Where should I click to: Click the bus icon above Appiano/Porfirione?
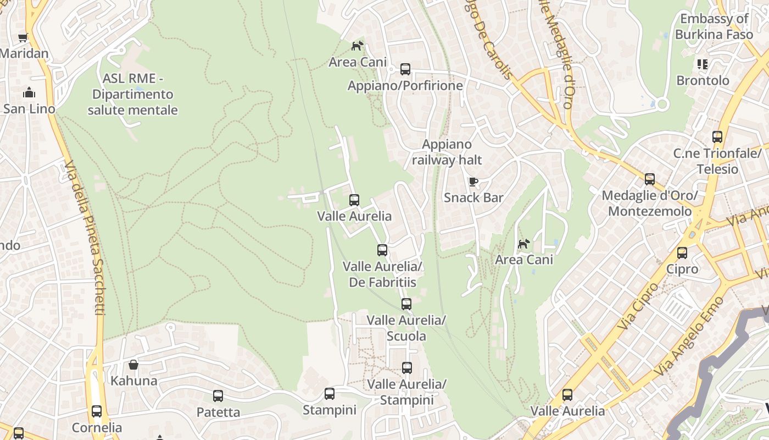click(x=405, y=69)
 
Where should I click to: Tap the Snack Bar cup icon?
click(x=473, y=182)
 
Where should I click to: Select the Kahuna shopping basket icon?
click(x=133, y=364)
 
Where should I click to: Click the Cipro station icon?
click(x=682, y=253)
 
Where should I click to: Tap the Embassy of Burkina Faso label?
click(x=714, y=26)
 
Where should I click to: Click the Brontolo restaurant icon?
click(x=703, y=64)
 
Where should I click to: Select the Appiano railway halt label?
click(x=447, y=152)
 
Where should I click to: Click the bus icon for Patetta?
click(x=218, y=396)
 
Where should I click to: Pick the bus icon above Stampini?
click(x=330, y=394)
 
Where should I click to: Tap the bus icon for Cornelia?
click(x=97, y=411)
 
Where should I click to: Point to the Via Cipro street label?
click(x=637, y=306)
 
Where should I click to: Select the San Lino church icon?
click(x=29, y=92)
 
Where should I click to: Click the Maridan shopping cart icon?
click(x=23, y=37)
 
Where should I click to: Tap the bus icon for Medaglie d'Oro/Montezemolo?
click(x=650, y=179)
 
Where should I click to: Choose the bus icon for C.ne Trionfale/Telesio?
click(x=717, y=137)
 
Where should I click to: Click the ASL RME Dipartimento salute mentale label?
click(x=133, y=95)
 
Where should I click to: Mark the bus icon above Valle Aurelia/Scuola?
click(x=406, y=304)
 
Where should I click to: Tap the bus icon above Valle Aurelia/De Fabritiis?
click(x=382, y=250)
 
